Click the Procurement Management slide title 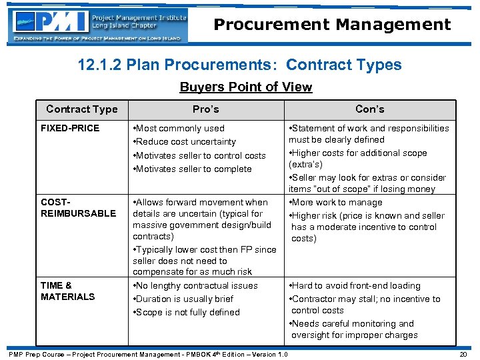(332, 25)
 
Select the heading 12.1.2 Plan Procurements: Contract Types (239, 65)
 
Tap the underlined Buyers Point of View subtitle (245, 87)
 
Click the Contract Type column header (81, 109)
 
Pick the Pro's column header (205, 109)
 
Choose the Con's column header (369, 109)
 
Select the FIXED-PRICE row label (70, 128)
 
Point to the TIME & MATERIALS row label (67, 291)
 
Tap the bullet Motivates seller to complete (192, 169)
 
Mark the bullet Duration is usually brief (183, 299)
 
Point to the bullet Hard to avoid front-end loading (354, 285)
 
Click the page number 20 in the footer (463, 354)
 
